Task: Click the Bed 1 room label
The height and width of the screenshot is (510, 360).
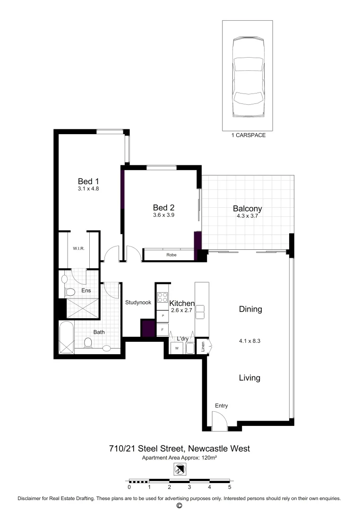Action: pos(88,181)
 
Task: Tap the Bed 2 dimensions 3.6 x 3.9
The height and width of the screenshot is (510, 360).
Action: pos(164,215)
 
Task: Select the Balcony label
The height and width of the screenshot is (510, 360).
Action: pos(247,209)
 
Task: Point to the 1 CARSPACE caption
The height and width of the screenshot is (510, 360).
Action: pos(249,135)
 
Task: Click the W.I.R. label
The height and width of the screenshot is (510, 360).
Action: pos(78,248)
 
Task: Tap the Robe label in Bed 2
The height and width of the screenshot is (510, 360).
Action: pos(171,255)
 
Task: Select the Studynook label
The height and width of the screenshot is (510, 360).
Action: pos(138,303)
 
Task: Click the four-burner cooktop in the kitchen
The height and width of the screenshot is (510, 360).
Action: pos(162,297)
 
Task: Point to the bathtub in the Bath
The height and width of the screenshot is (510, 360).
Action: pos(66,338)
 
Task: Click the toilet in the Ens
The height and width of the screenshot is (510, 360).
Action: pos(70,291)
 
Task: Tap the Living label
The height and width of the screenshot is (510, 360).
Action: pos(249,378)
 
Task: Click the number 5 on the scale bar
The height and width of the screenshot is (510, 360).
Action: pos(230,487)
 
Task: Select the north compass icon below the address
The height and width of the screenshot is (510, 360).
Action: pos(180,469)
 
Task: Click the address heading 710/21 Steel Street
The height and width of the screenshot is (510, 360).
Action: pos(180,448)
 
